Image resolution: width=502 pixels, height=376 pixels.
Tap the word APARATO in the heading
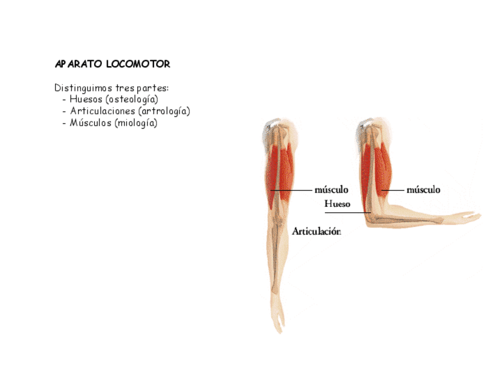point(78,64)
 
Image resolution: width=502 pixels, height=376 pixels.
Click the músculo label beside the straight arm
point(331,190)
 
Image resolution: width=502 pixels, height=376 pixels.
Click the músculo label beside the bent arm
point(423,190)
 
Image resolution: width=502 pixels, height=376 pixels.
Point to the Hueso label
point(337,204)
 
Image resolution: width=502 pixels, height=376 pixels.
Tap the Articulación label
point(316,232)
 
